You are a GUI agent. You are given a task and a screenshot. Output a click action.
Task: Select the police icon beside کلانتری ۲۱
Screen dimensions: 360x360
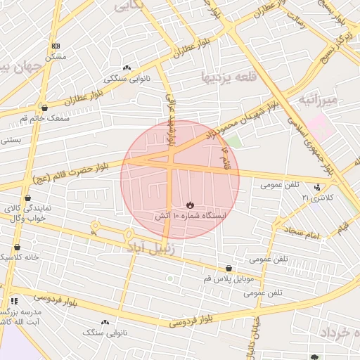[x=319, y=187]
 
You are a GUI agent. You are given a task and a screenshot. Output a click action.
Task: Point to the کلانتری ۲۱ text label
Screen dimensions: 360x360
[x=315, y=198]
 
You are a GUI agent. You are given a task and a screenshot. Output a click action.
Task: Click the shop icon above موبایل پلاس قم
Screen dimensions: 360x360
[x=229, y=268]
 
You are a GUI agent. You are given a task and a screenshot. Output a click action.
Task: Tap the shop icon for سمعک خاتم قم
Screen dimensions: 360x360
[x=45, y=108]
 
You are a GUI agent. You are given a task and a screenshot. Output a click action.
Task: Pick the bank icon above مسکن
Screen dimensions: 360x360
[x=56, y=46]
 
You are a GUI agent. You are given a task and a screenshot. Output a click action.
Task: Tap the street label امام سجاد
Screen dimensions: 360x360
[x=302, y=232]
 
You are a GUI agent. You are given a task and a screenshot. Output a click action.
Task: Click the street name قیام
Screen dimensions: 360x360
[x=342, y=227]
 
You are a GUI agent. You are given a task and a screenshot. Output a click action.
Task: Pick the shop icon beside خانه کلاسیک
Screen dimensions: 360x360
[x=18, y=247]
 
